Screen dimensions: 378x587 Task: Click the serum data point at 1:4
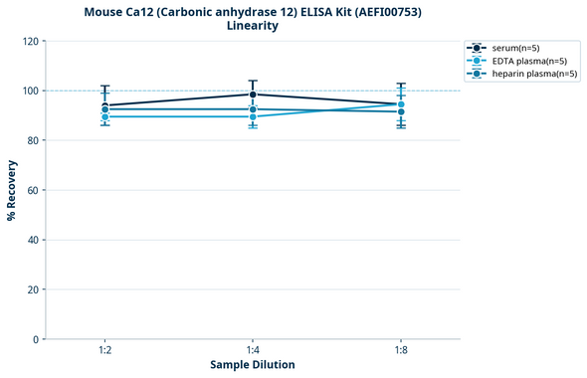pos(253,94)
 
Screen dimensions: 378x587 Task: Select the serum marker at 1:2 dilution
pos(104,105)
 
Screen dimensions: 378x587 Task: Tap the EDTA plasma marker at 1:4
pos(253,116)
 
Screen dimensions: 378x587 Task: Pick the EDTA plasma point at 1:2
pos(104,116)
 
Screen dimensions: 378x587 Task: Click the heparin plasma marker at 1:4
pos(253,109)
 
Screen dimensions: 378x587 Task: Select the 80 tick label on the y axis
pos(32,140)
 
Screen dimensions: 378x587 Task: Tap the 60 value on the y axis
pos(32,190)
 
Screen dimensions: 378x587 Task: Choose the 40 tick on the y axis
pos(32,240)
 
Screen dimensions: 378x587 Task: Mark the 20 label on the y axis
pos(32,289)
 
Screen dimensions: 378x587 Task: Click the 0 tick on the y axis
pos(35,339)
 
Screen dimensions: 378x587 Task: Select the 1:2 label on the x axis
pos(104,350)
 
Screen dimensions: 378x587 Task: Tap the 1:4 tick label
pos(253,350)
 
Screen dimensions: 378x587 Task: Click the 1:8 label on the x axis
pos(401,350)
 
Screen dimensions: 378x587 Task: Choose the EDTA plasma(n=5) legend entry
pos(528,61)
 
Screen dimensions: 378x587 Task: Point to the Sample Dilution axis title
pos(253,365)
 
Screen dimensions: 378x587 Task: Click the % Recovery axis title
pos(12,190)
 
